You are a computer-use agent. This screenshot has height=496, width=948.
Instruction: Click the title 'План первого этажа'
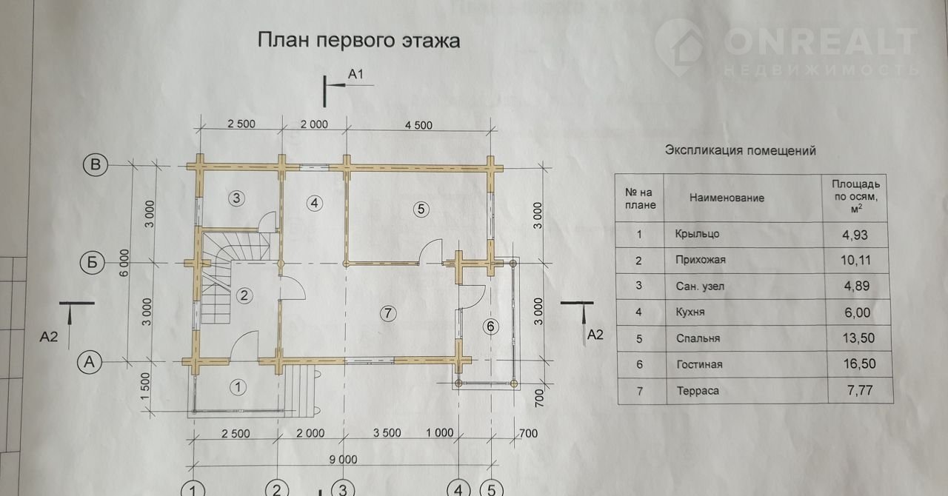click(358, 40)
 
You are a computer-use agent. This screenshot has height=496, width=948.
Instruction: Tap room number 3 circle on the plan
click(236, 198)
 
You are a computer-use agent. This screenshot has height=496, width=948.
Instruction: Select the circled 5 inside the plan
click(421, 209)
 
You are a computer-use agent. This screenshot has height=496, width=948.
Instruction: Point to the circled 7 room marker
click(387, 313)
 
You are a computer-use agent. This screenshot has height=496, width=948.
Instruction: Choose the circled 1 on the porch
click(238, 386)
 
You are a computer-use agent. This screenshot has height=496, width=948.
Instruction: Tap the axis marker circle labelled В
click(95, 164)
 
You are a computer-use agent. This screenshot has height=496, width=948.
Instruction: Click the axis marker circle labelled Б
click(95, 263)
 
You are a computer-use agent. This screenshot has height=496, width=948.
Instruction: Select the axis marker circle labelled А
click(90, 362)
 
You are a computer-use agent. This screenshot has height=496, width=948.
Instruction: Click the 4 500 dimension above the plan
click(418, 124)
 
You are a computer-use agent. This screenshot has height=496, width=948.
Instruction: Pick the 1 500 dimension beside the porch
click(146, 386)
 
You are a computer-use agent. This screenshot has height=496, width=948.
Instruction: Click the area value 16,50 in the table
click(855, 363)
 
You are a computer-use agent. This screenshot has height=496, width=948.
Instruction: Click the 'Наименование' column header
click(727, 198)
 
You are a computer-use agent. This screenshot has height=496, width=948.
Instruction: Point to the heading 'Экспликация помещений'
click(740, 151)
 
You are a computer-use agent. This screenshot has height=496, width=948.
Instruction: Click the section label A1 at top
click(356, 74)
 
